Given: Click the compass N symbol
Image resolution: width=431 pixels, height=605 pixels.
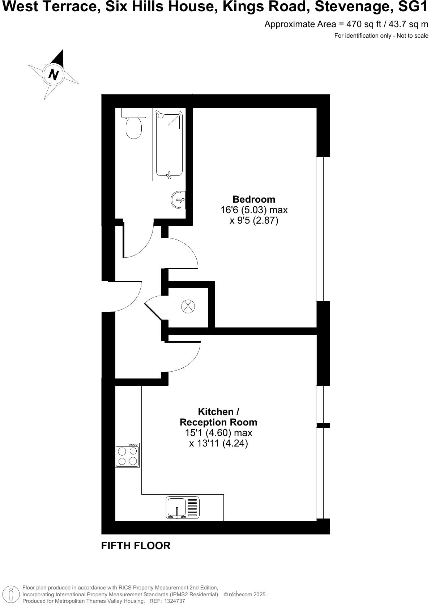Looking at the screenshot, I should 54,75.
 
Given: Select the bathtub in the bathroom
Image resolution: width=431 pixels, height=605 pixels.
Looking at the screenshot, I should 169,145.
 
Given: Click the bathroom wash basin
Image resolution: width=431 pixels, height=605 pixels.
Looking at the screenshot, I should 178,200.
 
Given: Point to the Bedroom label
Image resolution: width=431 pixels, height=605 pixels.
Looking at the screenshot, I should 254,199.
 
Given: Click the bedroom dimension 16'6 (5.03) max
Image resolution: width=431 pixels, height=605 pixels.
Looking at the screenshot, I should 254,210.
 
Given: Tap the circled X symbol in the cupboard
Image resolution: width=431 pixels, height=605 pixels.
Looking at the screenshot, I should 188,306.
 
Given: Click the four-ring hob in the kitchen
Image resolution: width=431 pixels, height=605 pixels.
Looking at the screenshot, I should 127,456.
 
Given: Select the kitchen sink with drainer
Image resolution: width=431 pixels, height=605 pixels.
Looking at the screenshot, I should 183,508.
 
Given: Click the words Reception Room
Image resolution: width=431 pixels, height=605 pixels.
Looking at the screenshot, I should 218,422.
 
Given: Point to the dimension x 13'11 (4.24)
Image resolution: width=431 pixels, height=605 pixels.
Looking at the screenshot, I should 218,443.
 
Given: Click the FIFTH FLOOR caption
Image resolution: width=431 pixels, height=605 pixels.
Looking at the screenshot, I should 136,546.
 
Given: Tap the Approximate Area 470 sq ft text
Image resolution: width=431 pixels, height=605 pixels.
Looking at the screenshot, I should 346,24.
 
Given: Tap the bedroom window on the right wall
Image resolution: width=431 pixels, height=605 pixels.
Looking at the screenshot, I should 323,229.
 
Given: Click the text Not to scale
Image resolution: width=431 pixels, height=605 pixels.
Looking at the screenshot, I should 412,35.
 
